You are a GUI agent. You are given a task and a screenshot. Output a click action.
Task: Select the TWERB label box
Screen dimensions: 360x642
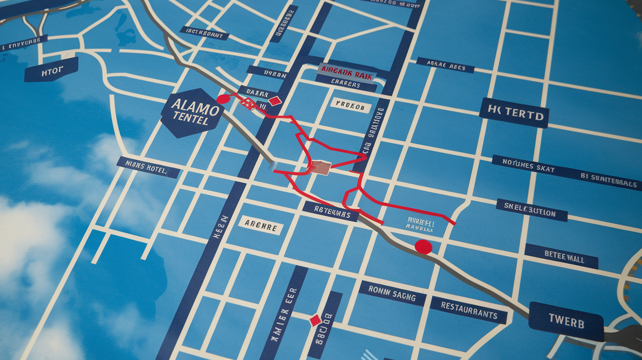click(x=566, y=321)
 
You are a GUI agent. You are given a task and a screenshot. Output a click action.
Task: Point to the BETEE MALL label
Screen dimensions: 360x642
click(x=561, y=256)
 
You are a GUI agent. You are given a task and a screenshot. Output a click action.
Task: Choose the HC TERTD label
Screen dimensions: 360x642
click(x=514, y=113)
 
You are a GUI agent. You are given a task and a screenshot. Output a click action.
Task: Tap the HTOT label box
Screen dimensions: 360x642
click(x=51, y=69)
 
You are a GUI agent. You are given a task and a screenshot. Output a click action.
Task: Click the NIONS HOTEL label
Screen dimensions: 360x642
click(x=148, y=167)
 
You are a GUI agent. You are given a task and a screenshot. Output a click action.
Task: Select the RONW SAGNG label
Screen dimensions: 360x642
click(x=392, y=293)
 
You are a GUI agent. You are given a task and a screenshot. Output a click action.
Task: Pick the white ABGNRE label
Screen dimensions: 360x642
click(x=261, y=225)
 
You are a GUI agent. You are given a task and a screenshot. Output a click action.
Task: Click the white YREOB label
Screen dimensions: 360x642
click(x=350, y=105)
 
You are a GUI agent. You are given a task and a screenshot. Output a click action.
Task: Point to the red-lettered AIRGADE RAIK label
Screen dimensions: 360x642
click(x=347, y=72)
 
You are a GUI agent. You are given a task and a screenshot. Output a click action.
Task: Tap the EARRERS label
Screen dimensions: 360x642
click(x=345, y=84)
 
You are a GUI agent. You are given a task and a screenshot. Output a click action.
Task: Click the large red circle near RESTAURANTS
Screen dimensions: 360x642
click(x=423, y=247)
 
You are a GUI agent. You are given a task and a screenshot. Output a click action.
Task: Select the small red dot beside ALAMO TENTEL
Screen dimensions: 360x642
click(x=223, y=99)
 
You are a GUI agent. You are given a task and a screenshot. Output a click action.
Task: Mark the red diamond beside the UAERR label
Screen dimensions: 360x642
click(x=275, y=101)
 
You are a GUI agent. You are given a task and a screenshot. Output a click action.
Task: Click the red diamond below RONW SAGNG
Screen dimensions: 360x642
click(x=315, y=320)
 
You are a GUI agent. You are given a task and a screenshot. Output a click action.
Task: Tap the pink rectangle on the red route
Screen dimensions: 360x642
click(x=320, y=168)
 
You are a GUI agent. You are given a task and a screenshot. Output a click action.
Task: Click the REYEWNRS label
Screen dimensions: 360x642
click(x=330, y=212)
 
